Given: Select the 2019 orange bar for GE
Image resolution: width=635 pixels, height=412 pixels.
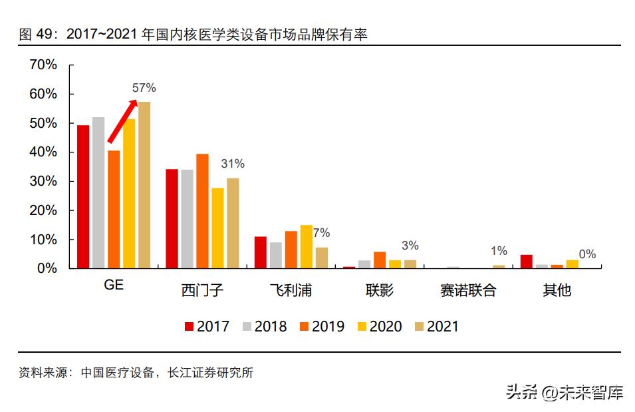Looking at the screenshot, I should [x=114, y=209].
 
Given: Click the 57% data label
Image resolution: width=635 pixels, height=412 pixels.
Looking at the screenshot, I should [x=144, y=87].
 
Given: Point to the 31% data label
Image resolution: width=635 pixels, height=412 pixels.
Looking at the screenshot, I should [x=233, y=164].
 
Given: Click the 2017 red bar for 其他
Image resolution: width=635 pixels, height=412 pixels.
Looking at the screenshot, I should [x=527, y=262].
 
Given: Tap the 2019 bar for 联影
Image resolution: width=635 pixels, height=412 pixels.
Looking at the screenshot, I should [x=380, y=260].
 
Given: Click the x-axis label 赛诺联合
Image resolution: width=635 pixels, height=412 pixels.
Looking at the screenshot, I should [x=468, y=291].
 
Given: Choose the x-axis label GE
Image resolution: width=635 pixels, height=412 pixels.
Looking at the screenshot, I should [x=114, y=286].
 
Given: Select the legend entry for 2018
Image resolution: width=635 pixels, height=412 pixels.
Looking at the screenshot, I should [x=264, y=326].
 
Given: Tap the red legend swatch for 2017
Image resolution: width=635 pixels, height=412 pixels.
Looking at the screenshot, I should [x=189, y=326].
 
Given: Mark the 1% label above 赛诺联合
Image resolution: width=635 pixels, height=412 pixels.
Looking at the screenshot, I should [x=499, y=251].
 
